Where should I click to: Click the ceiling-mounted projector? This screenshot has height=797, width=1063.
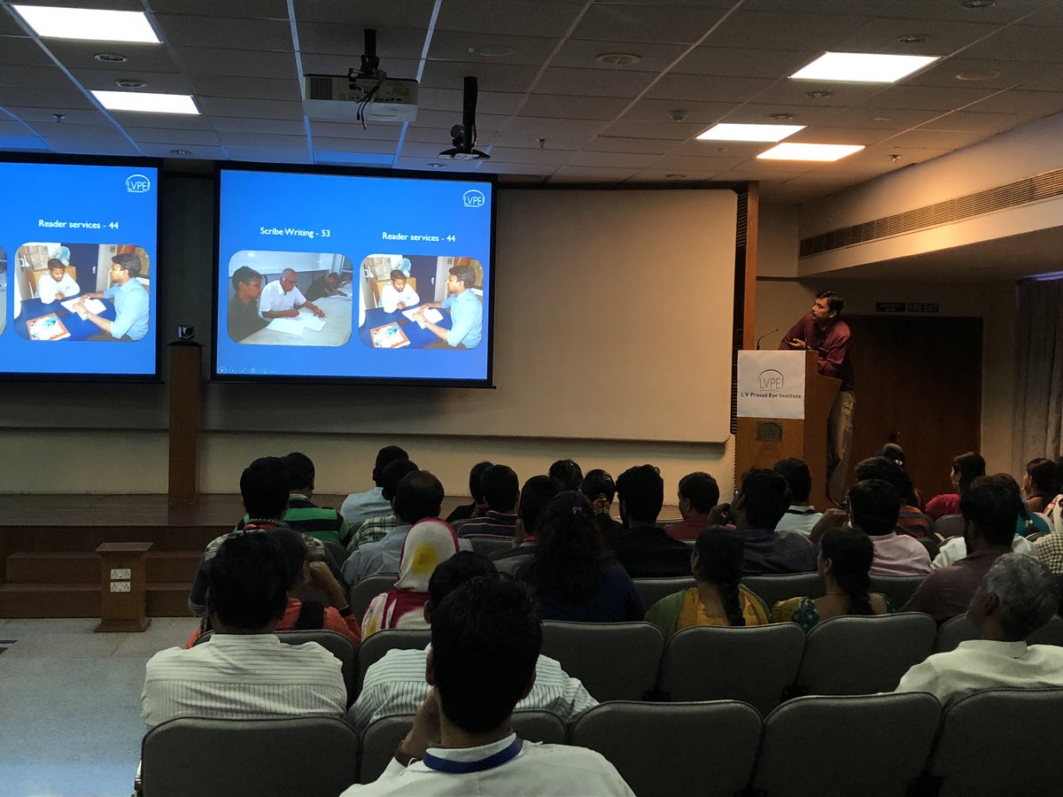click(x=360, y=96)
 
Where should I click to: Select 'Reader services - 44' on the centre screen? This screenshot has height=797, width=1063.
click(x=418, y=236)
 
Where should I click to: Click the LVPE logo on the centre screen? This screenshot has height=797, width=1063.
click(x=474, y=198)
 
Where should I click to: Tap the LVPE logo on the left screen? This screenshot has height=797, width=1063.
click(x=137, y=183)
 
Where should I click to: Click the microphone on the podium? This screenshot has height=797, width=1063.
click(x=766, y=337)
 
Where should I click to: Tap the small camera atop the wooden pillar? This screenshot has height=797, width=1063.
click(x=185, y=332)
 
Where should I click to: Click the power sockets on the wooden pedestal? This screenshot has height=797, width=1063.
click(x=120, y=580)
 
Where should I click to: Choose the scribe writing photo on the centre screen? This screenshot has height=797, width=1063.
click(x=290, y=298)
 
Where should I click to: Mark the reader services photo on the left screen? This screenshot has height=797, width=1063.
click(x=81, y=291)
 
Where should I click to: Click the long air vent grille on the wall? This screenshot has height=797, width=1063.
click(x=930, y=215)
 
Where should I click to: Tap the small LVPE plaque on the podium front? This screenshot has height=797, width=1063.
click(x=769, y=432)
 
